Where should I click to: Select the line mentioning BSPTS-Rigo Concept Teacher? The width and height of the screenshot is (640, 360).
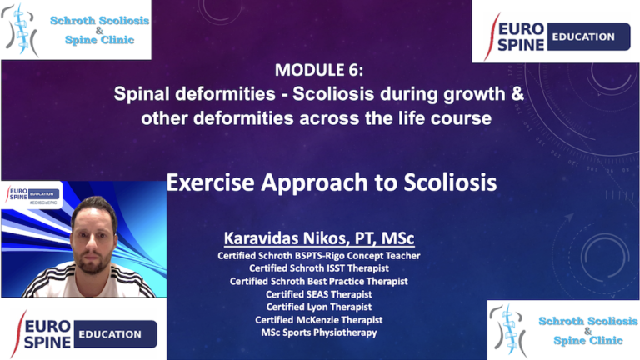(319, 255)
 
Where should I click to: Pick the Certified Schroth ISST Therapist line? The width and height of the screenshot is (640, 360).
(319, 268)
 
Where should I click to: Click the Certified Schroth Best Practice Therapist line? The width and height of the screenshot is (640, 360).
(319, 281)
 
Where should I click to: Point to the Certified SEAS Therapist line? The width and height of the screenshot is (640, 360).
(319, 294)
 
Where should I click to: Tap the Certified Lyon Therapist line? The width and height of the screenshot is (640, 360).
(319, 307)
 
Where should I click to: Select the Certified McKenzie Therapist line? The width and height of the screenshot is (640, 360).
(319, 319)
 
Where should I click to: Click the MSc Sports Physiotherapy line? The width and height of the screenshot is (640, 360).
(319, 332)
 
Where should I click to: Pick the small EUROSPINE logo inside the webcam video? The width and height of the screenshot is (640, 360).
(32, 192)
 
